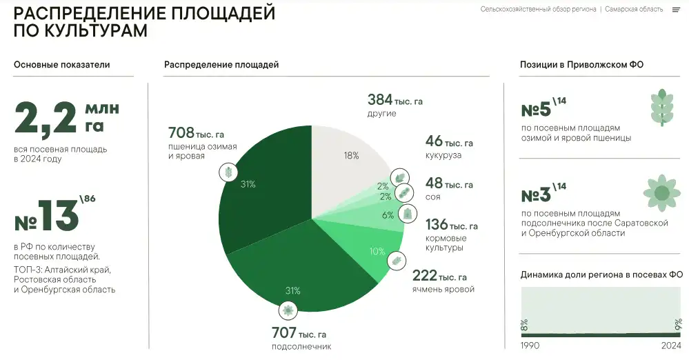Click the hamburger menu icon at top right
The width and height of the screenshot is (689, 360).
676,10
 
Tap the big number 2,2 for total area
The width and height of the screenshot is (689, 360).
45,119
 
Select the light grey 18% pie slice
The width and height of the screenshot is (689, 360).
348,159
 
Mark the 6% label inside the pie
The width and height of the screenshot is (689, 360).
387,214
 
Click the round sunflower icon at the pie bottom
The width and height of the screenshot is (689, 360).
288,309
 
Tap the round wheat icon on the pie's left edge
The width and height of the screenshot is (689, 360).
226,172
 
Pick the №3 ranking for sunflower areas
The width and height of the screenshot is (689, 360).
536,195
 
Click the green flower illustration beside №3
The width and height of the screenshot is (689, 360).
661,192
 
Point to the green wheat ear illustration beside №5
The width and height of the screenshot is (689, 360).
661,108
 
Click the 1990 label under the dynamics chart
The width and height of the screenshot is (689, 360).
530,345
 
